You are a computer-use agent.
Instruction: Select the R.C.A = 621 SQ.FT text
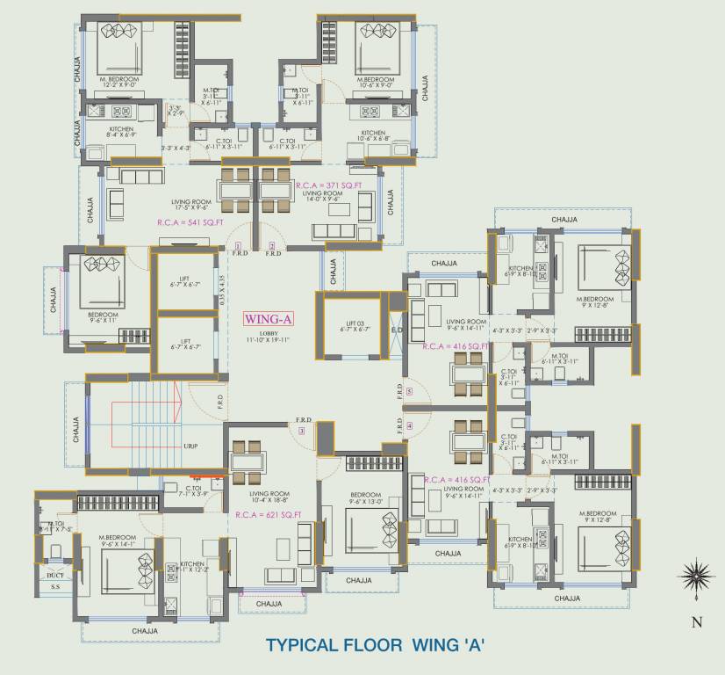click(269, 514)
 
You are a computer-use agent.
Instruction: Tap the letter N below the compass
click(696, 622)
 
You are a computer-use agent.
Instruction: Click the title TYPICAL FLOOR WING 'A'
click(375, 645)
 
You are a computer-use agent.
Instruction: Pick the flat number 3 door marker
click(301, 431)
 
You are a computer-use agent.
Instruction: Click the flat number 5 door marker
click(408, 391)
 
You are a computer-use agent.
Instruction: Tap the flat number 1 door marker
click(237, 245)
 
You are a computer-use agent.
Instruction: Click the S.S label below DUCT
click(55, 586)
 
